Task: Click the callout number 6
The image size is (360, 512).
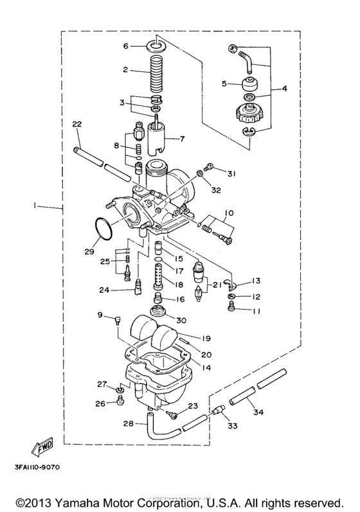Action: (x=127, y=46)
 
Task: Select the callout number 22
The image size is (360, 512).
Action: (x=78, y=124)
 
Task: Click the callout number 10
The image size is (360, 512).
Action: (x=228, y=212)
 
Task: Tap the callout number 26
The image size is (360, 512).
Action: (x=100, y=403)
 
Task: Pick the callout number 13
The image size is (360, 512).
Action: (x=256, y=281)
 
